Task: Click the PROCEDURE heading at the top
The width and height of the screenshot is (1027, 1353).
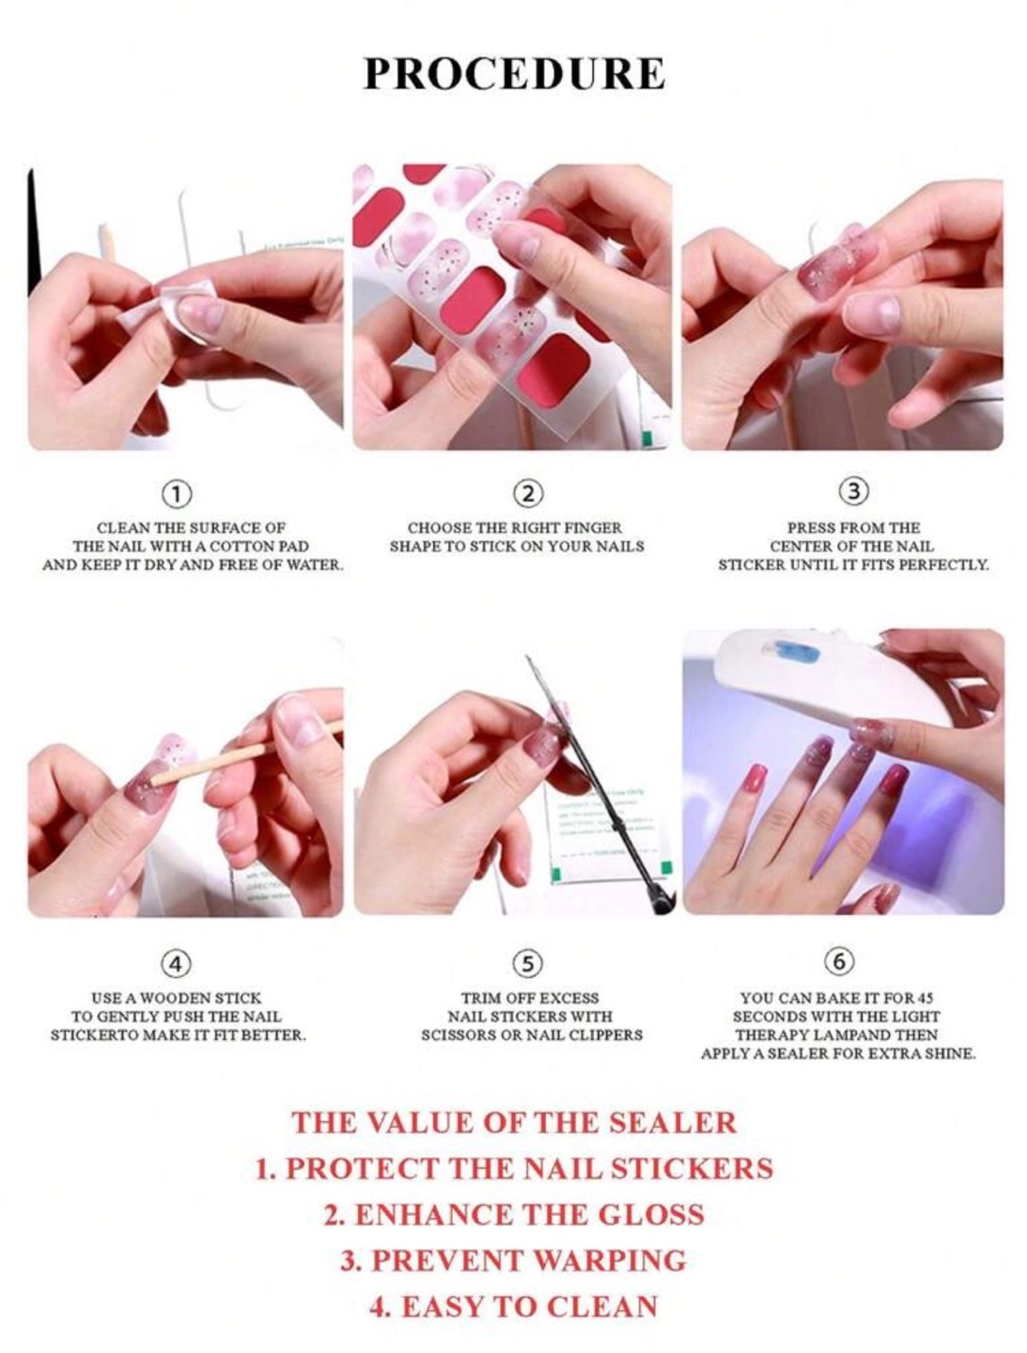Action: click(513, 73)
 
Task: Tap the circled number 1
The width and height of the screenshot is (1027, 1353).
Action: click(176, 493)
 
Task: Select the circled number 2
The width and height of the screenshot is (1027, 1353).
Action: click(528, 493)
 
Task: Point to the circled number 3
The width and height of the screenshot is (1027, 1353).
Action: click(853, 490)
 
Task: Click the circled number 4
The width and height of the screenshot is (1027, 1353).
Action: click(176, 963)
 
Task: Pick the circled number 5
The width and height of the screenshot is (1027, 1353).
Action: click(528, 963)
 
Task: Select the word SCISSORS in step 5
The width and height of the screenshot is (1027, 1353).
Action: click(458, 1034)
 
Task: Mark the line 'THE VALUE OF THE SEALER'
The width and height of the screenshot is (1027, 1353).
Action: click(513, 1123)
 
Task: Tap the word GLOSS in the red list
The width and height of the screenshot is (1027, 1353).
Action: click(652, 1214)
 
